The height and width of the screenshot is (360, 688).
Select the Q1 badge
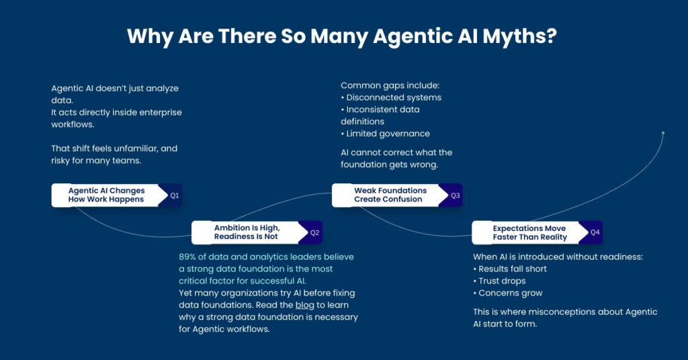coord(174,195)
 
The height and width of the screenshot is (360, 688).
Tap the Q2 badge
coord(314,232)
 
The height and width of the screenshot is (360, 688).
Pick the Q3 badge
coord(455,195)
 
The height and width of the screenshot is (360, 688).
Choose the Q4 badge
coord(595,232)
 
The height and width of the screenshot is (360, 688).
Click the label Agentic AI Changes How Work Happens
coord(106,195)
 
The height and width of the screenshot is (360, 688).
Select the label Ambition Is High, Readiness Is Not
coord(247,232)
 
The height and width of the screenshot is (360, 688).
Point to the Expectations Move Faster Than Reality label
coord(529,232)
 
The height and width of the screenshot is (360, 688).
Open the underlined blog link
coord(304,305)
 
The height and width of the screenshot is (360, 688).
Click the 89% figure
coord(188,257)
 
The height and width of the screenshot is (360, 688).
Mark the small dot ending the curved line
coord(663,133)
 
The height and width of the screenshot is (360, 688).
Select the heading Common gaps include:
coord(380,85)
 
